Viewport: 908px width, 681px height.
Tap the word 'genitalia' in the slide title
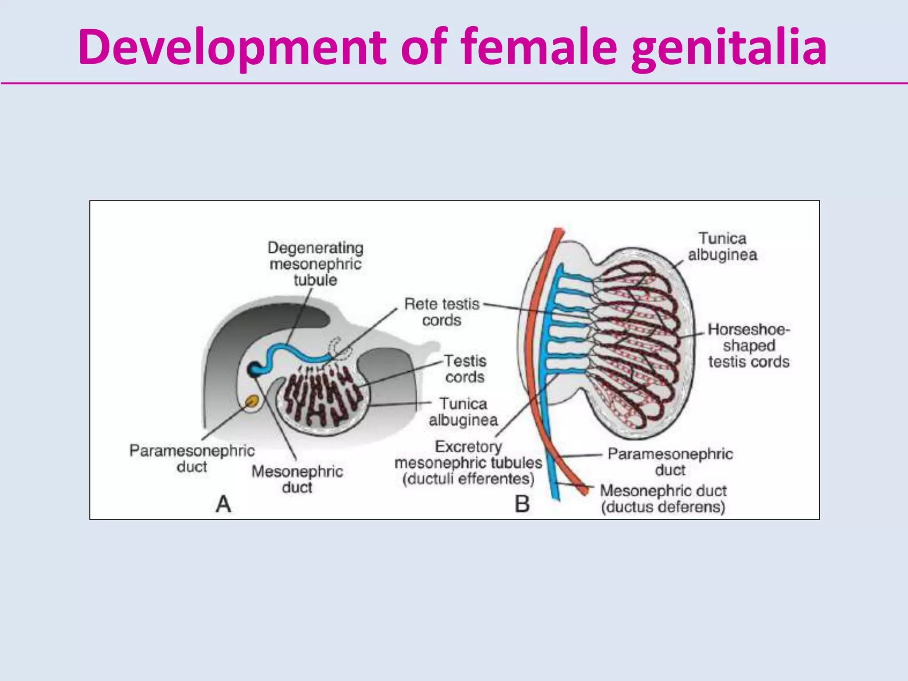click(729, 47)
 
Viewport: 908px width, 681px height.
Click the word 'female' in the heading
click(539, 47)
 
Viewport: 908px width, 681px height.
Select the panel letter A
click(223, 504)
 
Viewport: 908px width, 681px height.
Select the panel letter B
click(522, 504)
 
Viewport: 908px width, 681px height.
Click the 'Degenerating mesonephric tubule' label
click(315, 264)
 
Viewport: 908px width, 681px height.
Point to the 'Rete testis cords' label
click(442, 312)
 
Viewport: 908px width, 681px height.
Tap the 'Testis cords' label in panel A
click(465, 369)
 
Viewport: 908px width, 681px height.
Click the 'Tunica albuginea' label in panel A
click(463, 411)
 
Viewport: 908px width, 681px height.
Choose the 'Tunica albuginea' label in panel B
click(723, 247)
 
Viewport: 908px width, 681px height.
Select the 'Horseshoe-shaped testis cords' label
click(749, 345)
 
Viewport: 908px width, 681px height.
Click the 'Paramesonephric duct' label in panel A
click(192, 458)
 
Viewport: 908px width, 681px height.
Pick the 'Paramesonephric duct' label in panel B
click(670, 462)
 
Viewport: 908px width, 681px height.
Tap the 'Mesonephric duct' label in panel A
click(297, 479)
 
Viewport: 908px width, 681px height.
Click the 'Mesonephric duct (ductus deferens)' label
click(663, 499)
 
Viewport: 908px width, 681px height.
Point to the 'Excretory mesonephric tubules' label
click(468, 462)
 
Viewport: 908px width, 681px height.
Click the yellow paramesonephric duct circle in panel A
click(252, 402)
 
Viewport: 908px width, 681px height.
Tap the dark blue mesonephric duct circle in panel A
click(255, 369)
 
